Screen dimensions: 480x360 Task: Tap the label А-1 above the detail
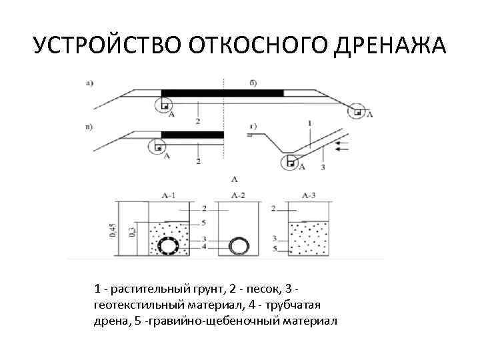(168, 195)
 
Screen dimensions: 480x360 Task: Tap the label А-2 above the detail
(237, 195)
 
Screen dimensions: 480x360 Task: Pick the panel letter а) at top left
(89, 83)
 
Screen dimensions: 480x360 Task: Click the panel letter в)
(89, 125)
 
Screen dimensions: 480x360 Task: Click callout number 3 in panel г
(323, 167)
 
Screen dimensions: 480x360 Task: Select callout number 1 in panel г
(311, 123)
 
